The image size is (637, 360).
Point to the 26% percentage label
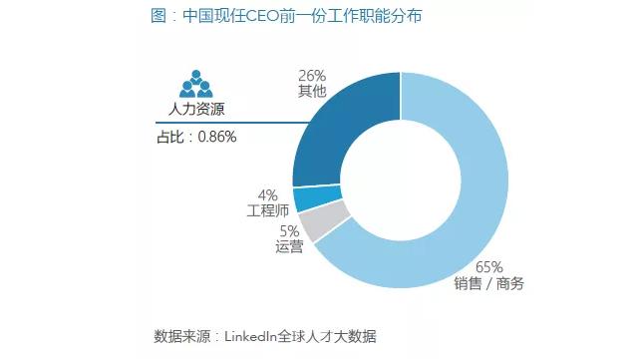[x=312, y=75]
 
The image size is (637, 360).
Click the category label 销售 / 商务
[x=489, y=283]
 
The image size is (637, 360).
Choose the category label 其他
[x=312, y=92]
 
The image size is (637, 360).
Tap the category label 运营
[x=289, y=247]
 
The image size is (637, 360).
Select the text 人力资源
[x=196, y=110]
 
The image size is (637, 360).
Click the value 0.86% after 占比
[x=216, y=137]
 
